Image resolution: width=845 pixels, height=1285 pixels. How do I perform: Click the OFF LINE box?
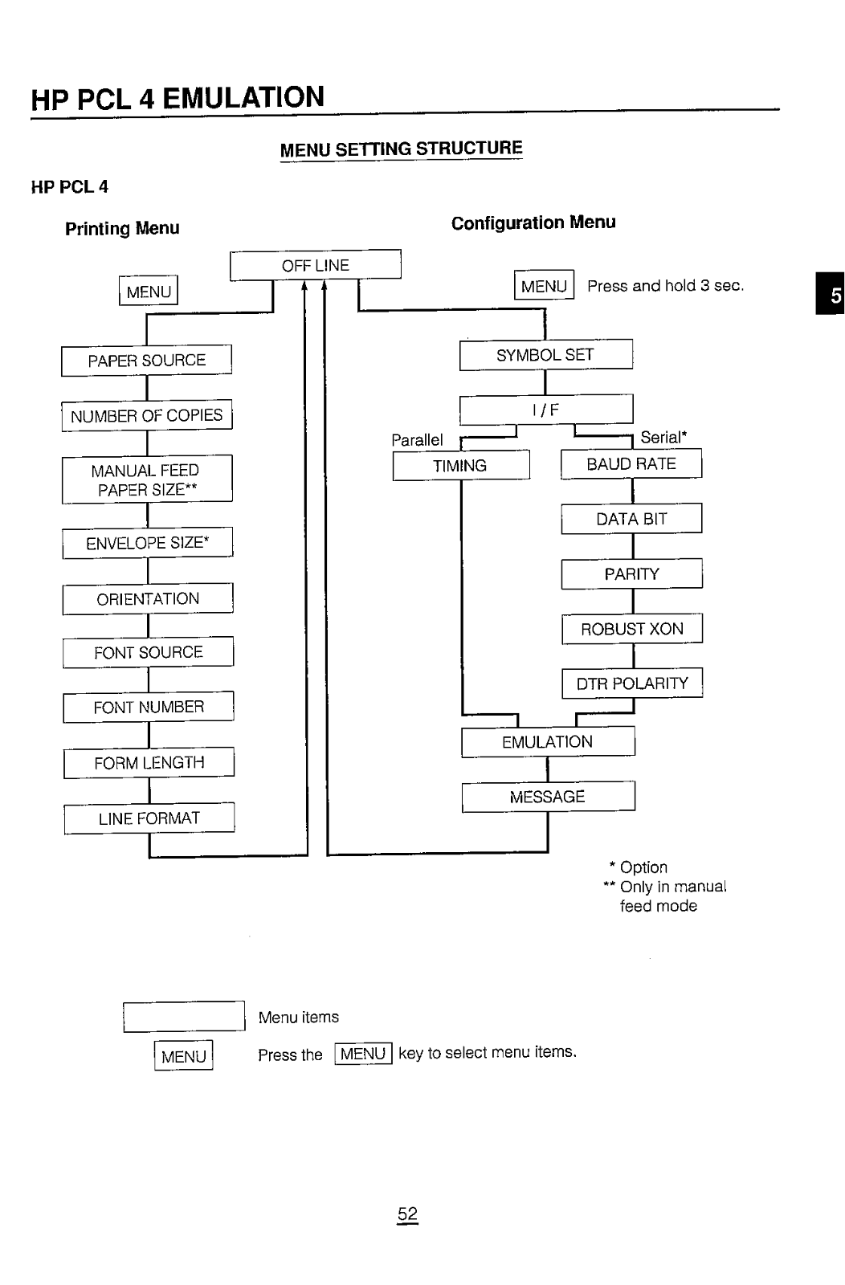coord(315,265)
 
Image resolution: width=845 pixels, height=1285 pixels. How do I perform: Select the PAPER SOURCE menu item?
coord(147,361)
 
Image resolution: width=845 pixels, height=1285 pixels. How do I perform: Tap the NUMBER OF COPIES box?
coord(147,415)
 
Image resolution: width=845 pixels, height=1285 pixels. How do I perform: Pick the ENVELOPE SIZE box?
coord(148,543)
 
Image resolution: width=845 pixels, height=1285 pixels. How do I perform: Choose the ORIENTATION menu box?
coord(148,599)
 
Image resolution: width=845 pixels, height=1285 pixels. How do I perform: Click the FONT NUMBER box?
coord(149,708)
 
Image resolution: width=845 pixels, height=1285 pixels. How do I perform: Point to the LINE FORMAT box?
coord(149,818)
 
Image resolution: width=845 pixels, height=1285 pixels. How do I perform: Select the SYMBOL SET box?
coord(545,355)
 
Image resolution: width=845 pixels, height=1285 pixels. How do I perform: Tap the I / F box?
coord(545,410)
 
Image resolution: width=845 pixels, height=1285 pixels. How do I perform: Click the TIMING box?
coord(460,466)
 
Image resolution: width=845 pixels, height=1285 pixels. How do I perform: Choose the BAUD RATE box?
coord(631,464)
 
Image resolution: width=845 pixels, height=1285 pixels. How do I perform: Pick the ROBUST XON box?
coord(632,629)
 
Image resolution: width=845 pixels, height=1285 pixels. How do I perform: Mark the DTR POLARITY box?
coord(632,683)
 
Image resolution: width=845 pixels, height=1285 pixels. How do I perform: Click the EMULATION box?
coord(548,742)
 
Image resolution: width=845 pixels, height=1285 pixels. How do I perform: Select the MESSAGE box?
coord(548,797)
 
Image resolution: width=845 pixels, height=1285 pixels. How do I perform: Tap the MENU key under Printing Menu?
coord(149,292)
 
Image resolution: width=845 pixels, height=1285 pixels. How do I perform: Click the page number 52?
coord(407,1214)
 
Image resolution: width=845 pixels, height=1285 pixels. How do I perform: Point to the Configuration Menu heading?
coord(533,222)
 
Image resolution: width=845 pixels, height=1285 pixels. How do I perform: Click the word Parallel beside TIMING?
coord(417,440)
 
